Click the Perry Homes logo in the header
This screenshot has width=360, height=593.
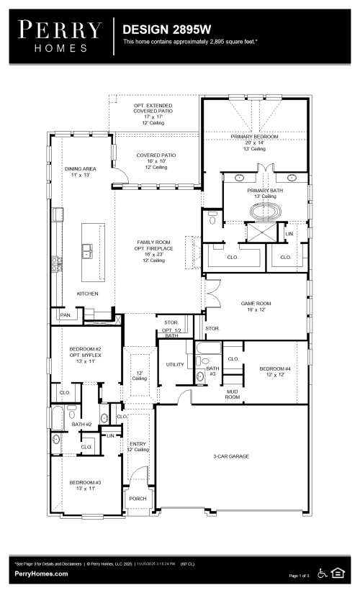pyautogui.click(x=60, y=35)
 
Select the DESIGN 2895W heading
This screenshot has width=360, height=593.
pyautogui.click(x=166, y=30)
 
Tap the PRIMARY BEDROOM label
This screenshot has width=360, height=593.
pyautogui.click(x=255, y=136)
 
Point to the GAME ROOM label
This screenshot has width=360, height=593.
pyautogui.click(x=256, y=304)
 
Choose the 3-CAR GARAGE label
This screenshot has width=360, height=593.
pyautogui.click(x=231, y=456)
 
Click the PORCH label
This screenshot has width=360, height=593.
pyautogui.click(x=138, y=499)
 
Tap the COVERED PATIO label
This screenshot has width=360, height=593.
pyautogui.click(x=156, y=155)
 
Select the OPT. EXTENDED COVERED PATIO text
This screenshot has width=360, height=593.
pyautogui.click(x=155, y=108)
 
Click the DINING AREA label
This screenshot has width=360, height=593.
pyautogui.click(x=79, y=168)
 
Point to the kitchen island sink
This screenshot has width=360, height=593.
pyautogui.click(x=87, y=251)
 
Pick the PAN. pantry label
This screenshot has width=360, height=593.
pyautogui.click(x=65, y=314)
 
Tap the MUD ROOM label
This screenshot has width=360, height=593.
pyautogui.click(x=232, y=394)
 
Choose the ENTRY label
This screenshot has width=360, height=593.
pyautogui.click(x=138, y=444)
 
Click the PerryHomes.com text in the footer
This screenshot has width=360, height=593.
pyautogui.click(x=42, y=574)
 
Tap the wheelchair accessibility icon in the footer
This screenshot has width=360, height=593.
pyautogui.click(x=321, y=574)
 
